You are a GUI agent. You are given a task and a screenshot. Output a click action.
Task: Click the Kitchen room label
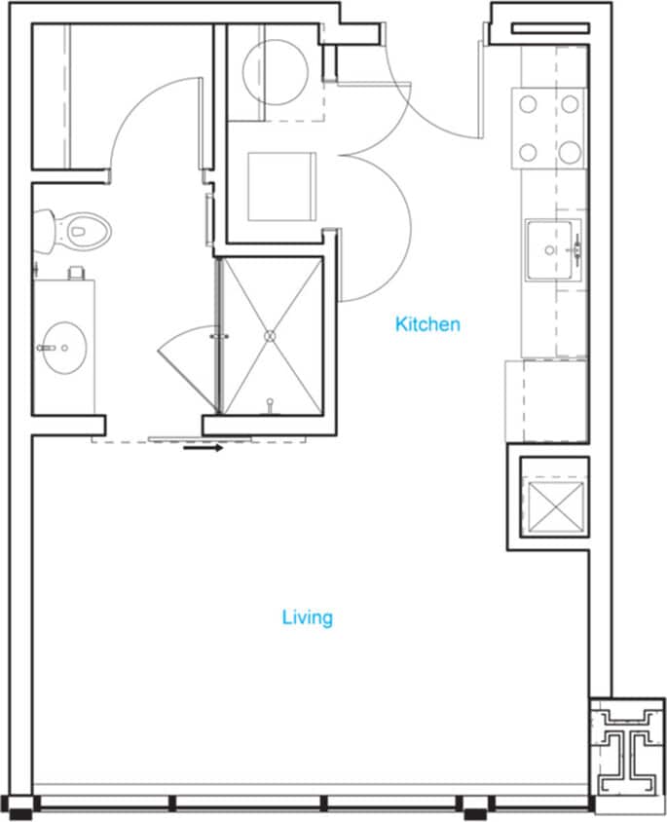tap(427, 324)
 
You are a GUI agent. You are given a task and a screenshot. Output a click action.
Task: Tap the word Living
tap(308, 617)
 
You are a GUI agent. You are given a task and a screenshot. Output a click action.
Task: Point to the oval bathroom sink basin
tap(65, 346)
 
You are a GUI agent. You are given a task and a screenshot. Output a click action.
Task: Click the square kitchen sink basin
tap(552, 249)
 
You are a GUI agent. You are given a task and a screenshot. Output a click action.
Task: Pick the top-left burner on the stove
tap(529, 103)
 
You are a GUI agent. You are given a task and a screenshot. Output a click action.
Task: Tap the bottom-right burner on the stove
tap(570, 152)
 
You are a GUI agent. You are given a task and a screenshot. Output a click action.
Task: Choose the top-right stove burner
tap(570, 103)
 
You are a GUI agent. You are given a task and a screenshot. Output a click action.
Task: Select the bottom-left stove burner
tap(529, 152)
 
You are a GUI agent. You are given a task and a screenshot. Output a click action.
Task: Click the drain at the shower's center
tap(271, 335)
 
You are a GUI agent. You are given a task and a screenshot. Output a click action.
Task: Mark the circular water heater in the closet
tap(275, 71)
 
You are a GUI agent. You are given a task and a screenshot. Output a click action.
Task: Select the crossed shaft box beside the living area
tap(549, 503)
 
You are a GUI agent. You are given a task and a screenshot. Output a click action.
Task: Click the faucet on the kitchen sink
tap(576, 249)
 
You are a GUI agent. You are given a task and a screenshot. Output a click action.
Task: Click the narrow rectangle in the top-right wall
tap(549, 28)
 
